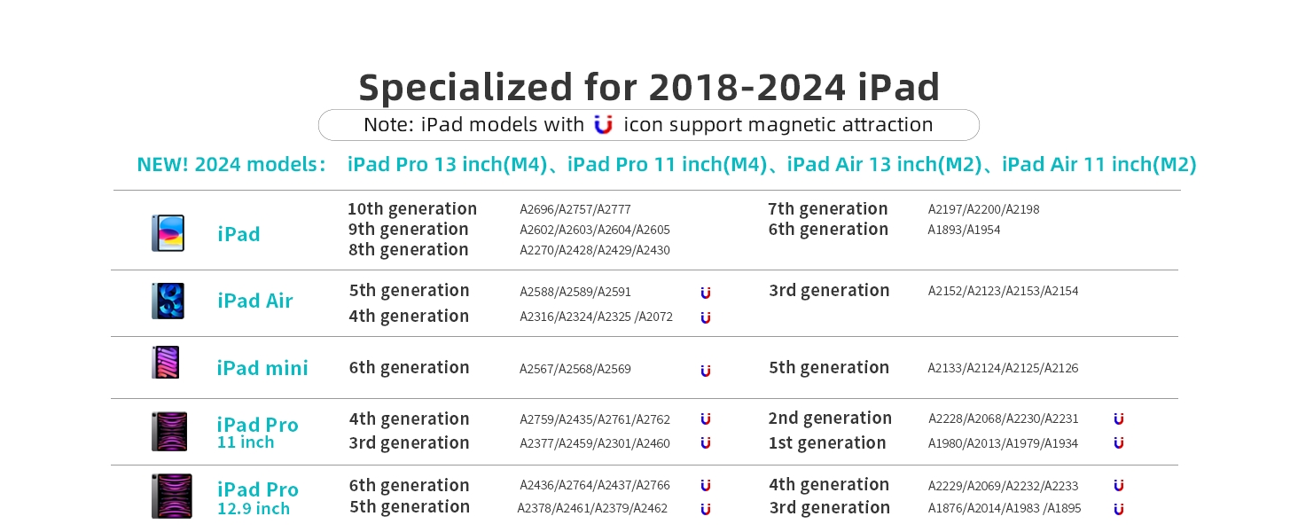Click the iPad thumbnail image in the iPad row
(168, 233)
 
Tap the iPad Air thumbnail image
(168, 301)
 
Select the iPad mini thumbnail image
(166, 362)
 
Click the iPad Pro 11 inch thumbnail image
(169, 431)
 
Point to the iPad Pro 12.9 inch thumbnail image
(171, 496)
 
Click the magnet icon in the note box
(603, 125)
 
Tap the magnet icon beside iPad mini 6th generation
(705, 371)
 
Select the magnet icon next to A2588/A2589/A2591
(705, 293)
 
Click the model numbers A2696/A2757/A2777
(575, 209)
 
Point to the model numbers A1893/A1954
(964, 230)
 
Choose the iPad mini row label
(262, 368)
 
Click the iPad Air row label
(255, 301)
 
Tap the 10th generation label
(412, 208)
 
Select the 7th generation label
(827, 208)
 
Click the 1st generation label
(827, 442)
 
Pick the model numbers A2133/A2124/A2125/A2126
(1003, 368)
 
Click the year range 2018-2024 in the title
(747, 88)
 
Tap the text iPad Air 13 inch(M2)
(884, 165)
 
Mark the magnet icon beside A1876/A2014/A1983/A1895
(1118, 509)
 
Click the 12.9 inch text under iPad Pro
(254, 509)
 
